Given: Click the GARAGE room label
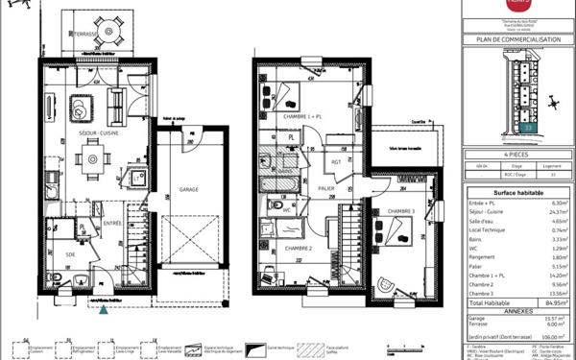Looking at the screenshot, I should coord(189,190).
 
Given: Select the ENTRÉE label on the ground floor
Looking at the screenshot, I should coord(112,223).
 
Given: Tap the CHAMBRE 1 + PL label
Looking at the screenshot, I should coord(300,116).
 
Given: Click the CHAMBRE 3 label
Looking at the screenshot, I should coord(401,210).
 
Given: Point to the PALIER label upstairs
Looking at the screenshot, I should coord(326,189).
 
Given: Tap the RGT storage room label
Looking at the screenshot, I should coord(337,161).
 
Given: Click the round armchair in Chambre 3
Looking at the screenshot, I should coord(387,283).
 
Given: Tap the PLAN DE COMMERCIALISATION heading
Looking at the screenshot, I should coord(517,40).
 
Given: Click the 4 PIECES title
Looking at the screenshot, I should coord(517,153).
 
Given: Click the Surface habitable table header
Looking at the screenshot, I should coord(517,192).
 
